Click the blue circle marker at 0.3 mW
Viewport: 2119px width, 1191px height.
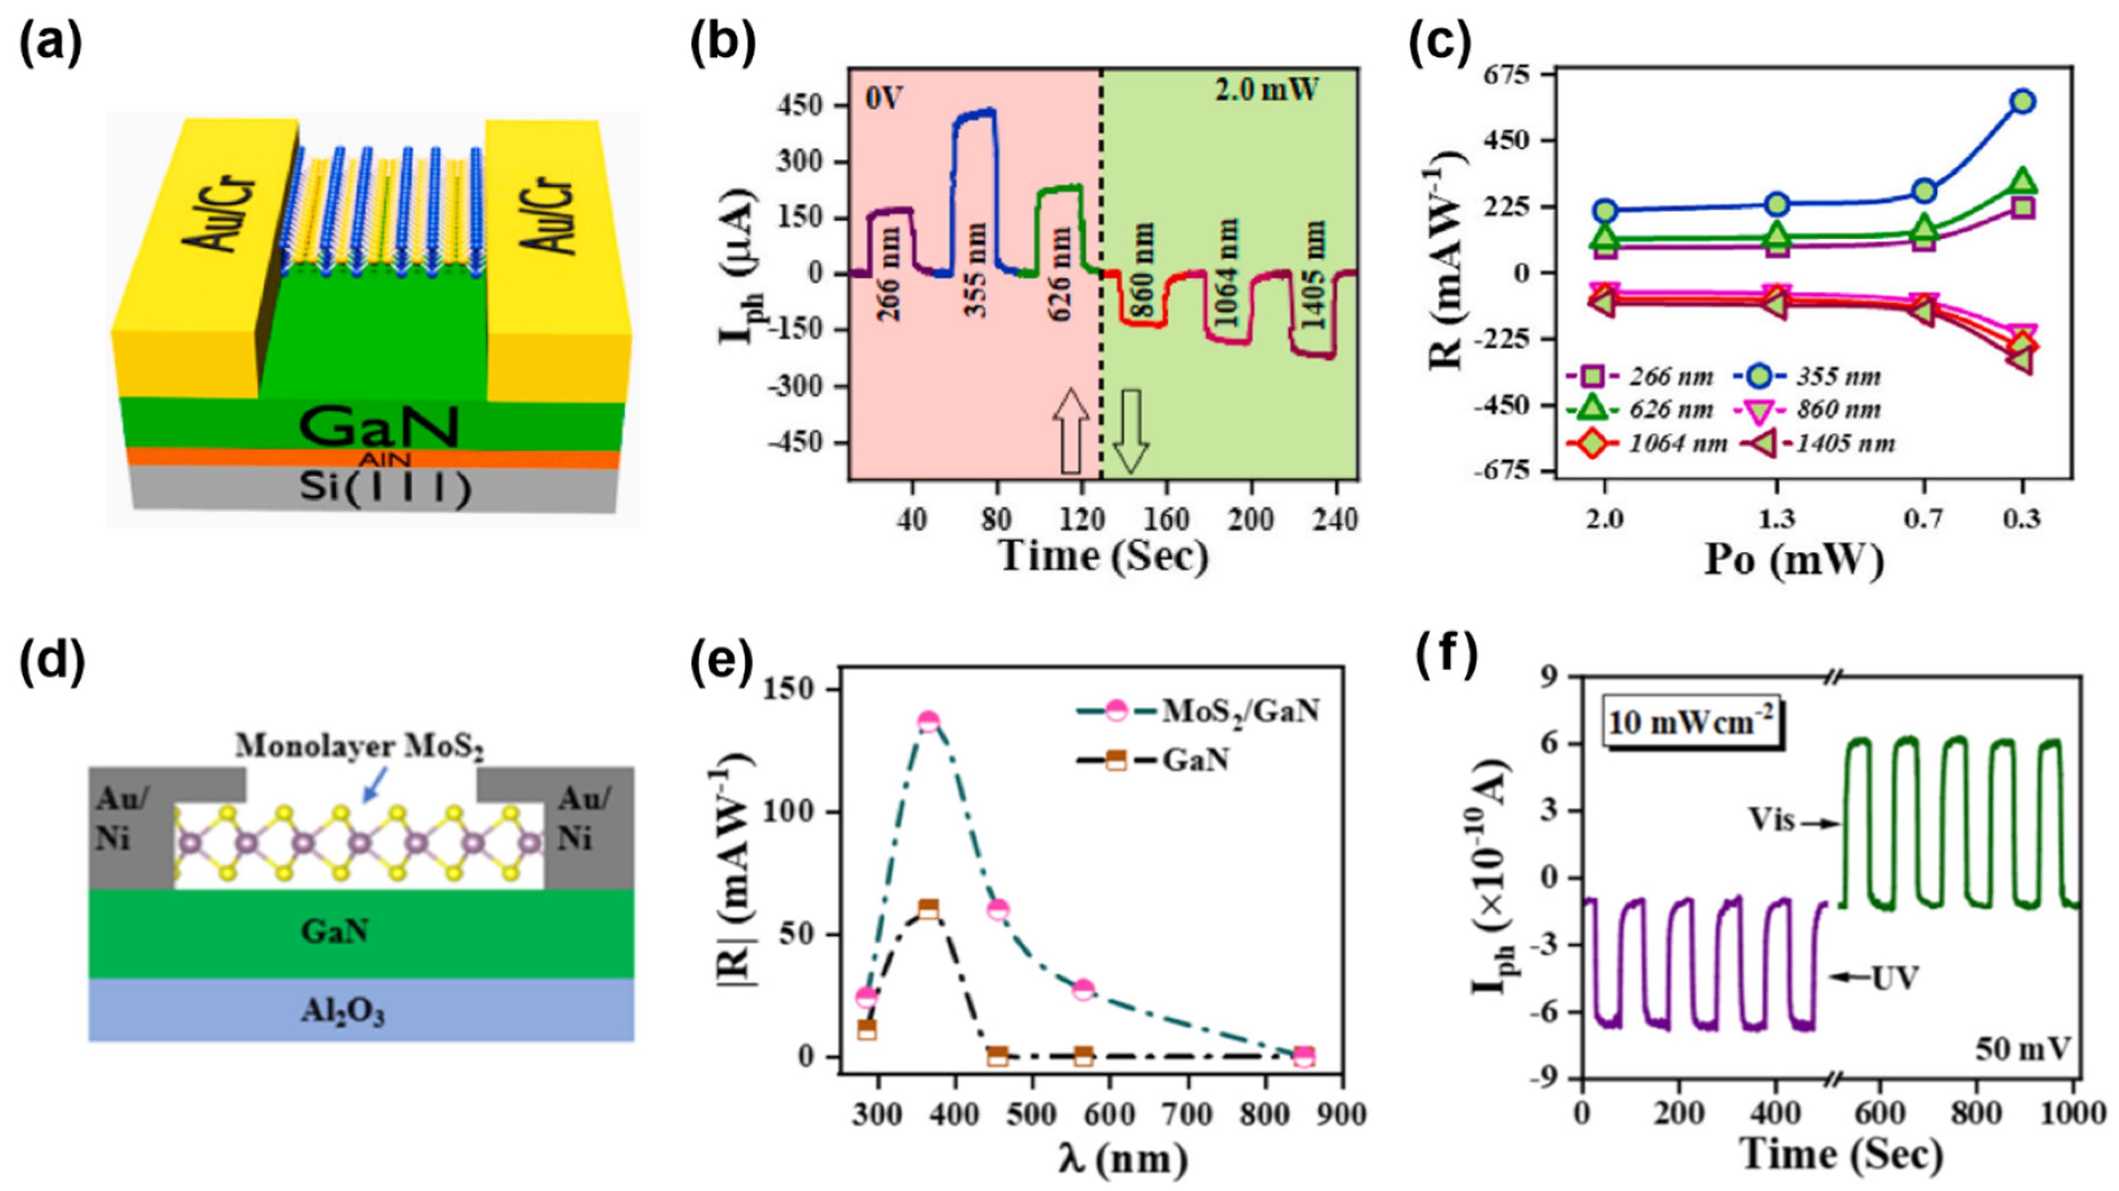(2023, 102)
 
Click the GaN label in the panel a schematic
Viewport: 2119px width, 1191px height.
(378, 428)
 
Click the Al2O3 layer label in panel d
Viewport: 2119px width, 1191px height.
(343, 1013)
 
